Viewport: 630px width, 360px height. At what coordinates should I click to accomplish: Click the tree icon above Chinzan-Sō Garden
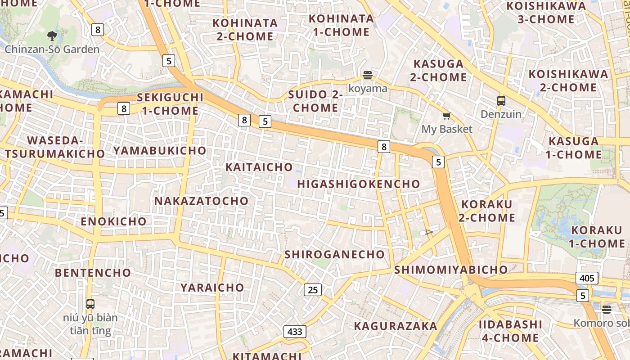click(x=52, y=36)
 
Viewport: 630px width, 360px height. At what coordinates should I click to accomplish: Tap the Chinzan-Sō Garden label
click(x=52, y=49)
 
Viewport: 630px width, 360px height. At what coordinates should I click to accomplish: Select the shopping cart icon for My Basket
click(x=446, y=116)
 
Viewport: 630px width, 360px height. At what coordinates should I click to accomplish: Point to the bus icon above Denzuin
click(x=501, y=101)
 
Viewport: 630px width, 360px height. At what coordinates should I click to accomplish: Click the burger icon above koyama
click(x=368, y=75)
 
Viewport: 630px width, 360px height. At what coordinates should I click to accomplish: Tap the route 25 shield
click(x=313, y=290)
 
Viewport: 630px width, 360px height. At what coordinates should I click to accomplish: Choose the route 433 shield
click(x=295, y=332)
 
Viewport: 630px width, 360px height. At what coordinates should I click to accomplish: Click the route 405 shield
click(x=587, y=278)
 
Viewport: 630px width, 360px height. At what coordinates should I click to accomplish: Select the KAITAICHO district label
click(x=259, y=167)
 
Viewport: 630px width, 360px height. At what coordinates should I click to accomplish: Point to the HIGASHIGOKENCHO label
click(x=359, y=184)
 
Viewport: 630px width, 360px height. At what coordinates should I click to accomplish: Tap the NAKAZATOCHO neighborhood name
click(x=202, y=201)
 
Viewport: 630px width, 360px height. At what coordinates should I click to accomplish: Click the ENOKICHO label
click(x=114, y=221)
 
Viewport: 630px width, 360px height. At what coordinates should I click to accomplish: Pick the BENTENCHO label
click(x=93, y=273)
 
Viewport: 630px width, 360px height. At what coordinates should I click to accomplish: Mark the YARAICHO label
click(x=212, y=287)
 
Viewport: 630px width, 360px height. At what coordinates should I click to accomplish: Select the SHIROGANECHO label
click(x=335, y=254)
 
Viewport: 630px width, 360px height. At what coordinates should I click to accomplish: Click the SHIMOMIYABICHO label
click(x=451, y=270)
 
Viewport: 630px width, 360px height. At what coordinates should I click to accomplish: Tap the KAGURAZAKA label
click(x=396, y=326)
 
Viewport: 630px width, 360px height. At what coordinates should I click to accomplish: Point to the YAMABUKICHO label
click(x=160, y=150)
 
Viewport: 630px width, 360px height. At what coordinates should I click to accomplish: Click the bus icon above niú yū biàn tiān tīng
click(x=90, y=304)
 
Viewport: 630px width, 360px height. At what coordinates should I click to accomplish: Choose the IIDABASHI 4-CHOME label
click(x=510, y=331)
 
